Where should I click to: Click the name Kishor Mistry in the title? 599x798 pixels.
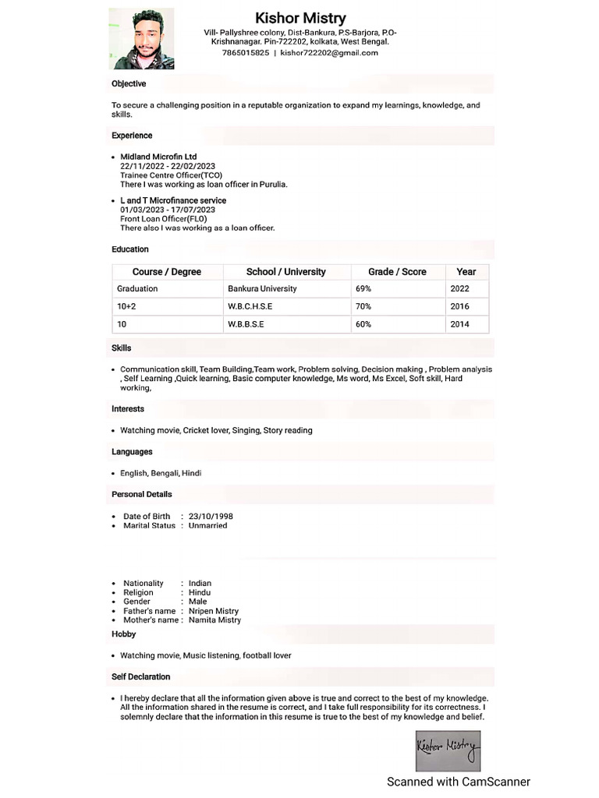(300, 17)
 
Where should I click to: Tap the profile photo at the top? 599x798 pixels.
(141, 39)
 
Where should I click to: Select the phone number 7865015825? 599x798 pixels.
(246, 53)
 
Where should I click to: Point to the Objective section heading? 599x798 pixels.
(129, 83)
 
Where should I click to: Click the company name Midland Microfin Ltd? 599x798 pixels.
(158, 157)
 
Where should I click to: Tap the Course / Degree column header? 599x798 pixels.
(167, 272)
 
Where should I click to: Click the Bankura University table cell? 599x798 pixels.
(262, 288)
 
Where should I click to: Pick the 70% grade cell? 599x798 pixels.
(363, 306)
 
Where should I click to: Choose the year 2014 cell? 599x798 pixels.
(459, 324)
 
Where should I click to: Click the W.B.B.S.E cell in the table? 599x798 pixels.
(246, 324)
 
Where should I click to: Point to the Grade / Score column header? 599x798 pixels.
(397, 272)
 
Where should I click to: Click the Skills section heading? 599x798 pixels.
(122, 348)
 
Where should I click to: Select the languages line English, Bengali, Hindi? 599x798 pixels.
(161, 473)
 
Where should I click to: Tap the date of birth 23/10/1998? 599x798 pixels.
(211, 516)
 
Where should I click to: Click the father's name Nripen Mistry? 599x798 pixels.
(214, 611)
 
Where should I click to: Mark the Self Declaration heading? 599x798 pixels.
(140, 676)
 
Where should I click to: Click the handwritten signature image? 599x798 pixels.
(448, 750)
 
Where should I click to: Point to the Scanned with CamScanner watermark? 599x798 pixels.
(459, 782)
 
